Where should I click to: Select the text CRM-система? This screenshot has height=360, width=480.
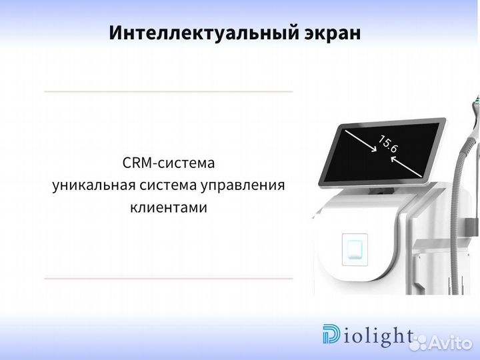click(169, 163)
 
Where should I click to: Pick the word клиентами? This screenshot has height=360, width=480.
click(169, 207)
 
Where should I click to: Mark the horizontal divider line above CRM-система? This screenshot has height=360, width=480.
click(168, 91)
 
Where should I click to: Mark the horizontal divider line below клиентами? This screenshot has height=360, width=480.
click(168, 278)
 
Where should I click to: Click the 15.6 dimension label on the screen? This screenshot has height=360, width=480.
click(389, 144)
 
